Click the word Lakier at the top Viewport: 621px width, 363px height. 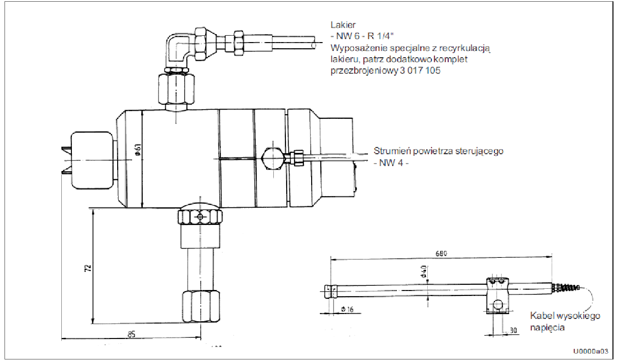[x=343, y=25]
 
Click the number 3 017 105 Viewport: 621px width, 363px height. [x=420, y=70]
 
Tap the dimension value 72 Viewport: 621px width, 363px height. [x=88, y=268]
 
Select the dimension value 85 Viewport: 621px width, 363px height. [x=131, y=334]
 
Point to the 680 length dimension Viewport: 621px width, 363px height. [x=441, y=254]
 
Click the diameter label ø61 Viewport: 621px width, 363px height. [x=138, y=150]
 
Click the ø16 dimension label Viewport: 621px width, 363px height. [x=347, y=309]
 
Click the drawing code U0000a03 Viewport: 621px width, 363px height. [x=591, y=351]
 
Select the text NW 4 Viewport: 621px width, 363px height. [x=391, y=163]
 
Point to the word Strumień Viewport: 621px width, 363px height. [x=392, y=151]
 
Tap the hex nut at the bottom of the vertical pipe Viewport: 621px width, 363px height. [x=201, y=306]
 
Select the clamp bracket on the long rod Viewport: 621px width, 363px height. [x=498, y=295]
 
